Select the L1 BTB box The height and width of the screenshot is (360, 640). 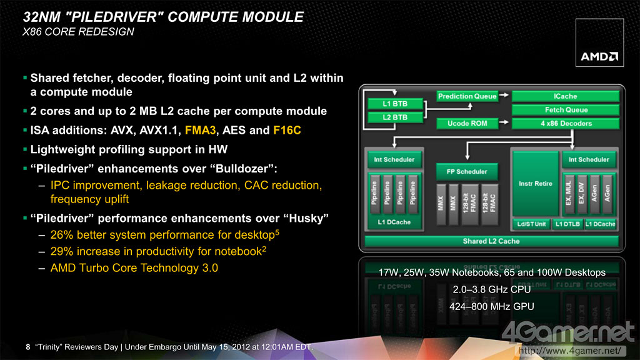[x=395, y=104]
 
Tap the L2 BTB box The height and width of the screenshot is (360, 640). [x=395, y=117]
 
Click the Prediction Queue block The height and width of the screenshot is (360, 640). [x=467, y=96]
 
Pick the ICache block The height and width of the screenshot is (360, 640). [x=565, y=96]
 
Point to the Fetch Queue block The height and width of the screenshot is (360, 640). [x=565, y=110]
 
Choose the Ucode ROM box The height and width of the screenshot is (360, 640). [x=467, y=123]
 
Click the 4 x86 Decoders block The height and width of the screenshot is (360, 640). [x=565, y=123]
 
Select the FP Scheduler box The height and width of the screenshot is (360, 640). [x=467, y=171]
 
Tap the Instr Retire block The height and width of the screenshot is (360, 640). [x=536, y=184]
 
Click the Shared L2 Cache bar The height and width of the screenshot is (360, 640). [x=491, y=241]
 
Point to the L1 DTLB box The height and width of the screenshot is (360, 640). [x=567, y=224]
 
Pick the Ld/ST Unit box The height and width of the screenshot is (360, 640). [x=531, y=224]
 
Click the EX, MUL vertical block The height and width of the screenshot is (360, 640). [x=569, y=194]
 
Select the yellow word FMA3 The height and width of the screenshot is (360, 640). [x=200, y=130]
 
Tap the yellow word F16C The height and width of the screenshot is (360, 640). [x=287, y=130]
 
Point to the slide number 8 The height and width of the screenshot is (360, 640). [x=27, y=347]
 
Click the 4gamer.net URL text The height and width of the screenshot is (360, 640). [x=570, y=351]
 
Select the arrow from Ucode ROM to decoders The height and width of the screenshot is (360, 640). [x=504, y=122]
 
